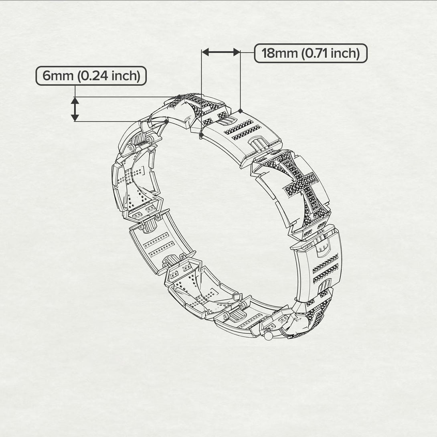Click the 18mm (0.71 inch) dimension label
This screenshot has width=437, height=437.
pos(311,53)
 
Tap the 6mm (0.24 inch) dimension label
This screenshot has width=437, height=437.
pos(91,76)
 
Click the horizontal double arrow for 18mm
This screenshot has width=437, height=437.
pos(221,52)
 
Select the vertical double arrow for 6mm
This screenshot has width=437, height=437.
pos(75,109)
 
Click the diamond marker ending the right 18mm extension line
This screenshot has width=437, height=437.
pos(240,111)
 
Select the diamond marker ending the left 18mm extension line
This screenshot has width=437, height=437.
pos(201,136)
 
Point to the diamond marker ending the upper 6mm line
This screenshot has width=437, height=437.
pos(179,96)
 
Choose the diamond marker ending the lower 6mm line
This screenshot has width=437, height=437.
pos(166,121)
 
